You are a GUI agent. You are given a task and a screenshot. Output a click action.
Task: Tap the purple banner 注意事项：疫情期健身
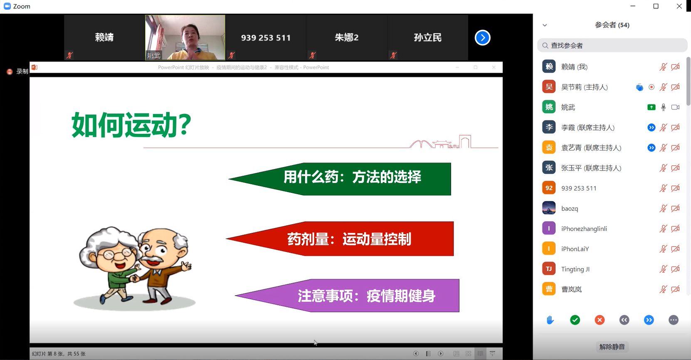click(x=347, y=296)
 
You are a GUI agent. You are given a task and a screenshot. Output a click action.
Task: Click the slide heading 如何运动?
click(x=131, y=125)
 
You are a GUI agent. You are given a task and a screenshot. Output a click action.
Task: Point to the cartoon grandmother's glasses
click(x=118, y=254)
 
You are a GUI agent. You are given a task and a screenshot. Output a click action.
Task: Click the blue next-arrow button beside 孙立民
click(x=482, y=38)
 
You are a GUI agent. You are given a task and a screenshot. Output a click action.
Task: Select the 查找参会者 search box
click(x=612, y=46)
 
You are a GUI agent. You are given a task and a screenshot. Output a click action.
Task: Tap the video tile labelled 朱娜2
click(x=347, y=37)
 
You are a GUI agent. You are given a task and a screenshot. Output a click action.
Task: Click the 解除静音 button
click(x=612, y=347)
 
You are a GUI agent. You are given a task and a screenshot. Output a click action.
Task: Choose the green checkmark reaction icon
click(x=575, y=320)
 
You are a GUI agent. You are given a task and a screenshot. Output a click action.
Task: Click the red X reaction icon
click(x=600, y=320)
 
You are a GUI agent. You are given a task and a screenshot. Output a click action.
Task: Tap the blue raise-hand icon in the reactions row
click(x=550, y=320)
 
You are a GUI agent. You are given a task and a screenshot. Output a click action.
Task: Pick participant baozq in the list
click(x=570, y=209)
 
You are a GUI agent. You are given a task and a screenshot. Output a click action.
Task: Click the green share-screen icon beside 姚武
click(x=651, y=107)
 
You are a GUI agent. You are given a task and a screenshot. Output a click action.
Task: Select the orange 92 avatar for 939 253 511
click(x=549, y=188)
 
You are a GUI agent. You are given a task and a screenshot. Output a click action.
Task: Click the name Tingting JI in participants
click(x=575, y=269)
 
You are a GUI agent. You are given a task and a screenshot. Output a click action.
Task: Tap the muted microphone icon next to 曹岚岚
click(x=663, y=289)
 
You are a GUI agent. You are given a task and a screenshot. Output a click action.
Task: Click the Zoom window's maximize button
click(x=656, y=6)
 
